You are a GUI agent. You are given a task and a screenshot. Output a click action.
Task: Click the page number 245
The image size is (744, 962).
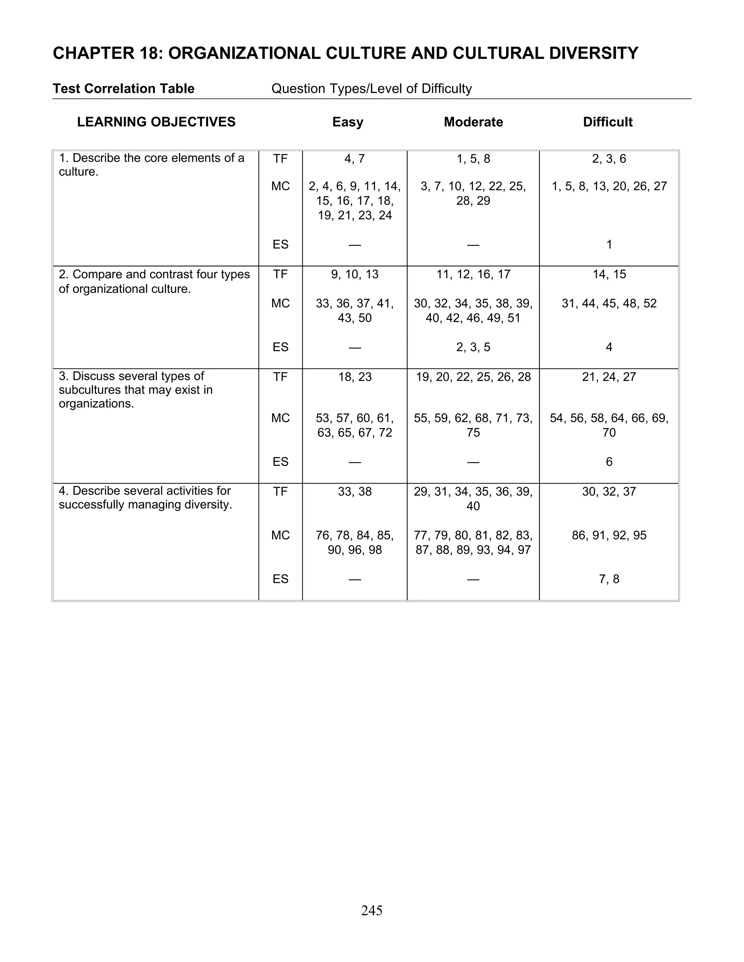coord(372,910)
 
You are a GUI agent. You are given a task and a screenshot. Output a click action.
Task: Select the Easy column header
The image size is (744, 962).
coord(348,122)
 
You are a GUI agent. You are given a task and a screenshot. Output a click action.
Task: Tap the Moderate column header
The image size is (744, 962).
coord(473,122)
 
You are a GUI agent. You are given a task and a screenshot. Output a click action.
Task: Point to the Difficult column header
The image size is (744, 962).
coord(608,122)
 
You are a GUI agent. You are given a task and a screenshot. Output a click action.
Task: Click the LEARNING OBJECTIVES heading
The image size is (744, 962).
coord(157,122)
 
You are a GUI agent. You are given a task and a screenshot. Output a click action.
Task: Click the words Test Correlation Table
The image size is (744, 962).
coord(124,89)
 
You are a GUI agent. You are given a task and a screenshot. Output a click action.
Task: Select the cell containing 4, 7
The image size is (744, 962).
coord(355,159)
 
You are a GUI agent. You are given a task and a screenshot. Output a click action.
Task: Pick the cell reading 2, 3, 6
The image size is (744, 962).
coord(609,159)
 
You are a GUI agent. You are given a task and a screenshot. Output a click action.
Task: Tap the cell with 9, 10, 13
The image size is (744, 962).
coord(355,274)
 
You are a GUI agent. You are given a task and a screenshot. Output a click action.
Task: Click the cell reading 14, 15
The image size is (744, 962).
coord(609,274)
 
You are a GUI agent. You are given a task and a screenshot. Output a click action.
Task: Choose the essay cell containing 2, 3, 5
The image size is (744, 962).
coord(473,347)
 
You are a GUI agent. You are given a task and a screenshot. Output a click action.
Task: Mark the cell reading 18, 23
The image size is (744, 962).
coord(355,377)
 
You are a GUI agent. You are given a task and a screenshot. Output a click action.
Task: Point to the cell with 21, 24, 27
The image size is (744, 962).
coord(609,377)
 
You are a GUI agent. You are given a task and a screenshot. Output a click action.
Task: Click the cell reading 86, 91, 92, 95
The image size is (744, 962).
coord(609,535)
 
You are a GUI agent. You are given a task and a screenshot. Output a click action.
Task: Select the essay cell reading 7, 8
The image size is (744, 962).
coord(609,579)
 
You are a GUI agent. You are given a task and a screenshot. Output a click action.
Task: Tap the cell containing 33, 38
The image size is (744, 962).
coord(355,492)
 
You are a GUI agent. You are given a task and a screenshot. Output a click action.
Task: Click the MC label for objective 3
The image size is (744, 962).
coord(280,418)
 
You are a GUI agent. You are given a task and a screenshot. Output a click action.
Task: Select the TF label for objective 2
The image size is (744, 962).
coord(280,274)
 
